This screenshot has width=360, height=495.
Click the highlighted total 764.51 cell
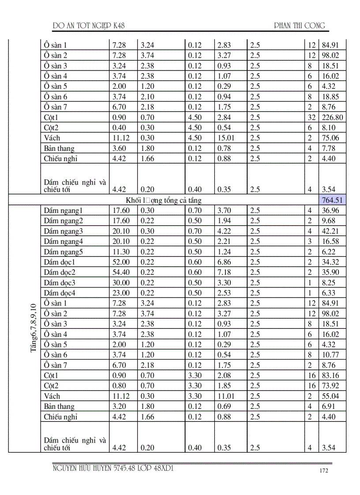coord(332,200)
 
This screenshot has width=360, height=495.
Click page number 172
coord(324,471)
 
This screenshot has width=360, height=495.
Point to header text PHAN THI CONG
coord(300,26)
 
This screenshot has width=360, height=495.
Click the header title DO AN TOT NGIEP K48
coord(88,26)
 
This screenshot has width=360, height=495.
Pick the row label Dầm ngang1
coord(64,211)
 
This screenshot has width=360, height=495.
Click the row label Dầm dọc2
coord(60,272)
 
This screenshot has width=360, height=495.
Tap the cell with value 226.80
coord(333,117)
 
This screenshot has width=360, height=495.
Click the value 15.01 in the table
coord(226,138)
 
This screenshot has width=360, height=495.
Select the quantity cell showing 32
coord(311,117)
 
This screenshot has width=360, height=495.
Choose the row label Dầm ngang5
coord(64,252)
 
